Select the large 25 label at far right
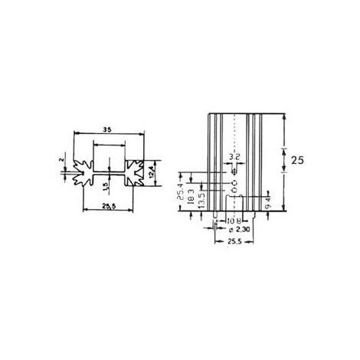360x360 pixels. pyautogui.click(x=299, y=161)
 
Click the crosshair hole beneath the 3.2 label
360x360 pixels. pyautogui.click(x=235, y=172)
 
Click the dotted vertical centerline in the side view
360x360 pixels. pyautogui.click(x=235, y=138)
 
